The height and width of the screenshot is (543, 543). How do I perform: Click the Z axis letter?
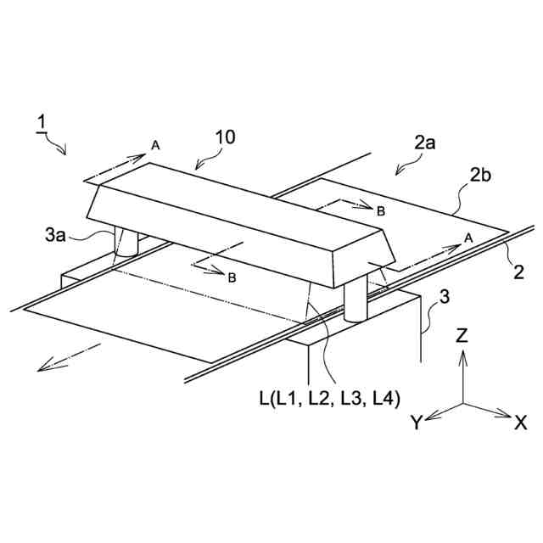click(x=462, y=336)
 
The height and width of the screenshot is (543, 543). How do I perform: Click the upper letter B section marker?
click(x=381, y=210)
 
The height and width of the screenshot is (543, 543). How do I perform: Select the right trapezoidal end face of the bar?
click(x=363, y=254)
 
